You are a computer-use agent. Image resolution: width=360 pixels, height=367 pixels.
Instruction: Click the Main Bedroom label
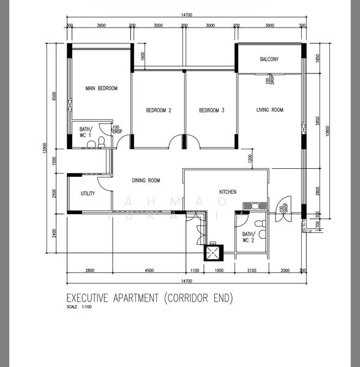click(x=102, y=89)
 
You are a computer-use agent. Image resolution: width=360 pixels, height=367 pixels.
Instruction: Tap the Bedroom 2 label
click(x=159, y=111)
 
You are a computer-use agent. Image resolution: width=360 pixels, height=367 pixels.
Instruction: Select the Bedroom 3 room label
click(x=212, y=111)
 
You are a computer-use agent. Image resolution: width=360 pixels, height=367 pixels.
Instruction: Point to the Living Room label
click(x=269, y=110)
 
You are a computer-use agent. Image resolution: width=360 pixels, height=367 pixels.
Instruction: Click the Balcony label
click(x=269, y=59)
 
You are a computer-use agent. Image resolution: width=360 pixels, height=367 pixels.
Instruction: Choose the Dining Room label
click(x=146, y=180)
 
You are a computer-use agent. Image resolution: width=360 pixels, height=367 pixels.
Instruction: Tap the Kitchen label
click(x=228, y=192)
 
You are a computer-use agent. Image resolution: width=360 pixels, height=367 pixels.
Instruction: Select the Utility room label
click(x=88, y=194)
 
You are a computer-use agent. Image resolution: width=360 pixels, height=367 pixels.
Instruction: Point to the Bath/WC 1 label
click(x=85, y=132)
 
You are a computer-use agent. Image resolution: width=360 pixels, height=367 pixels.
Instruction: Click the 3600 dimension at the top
click(x=102, y=26)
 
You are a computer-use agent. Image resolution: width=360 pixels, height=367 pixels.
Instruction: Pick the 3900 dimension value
click(x=269, y=26)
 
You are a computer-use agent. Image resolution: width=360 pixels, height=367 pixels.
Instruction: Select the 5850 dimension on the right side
click(x=318, y=121)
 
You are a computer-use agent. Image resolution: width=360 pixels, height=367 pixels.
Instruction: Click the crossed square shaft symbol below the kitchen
click(x=214, y=252)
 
